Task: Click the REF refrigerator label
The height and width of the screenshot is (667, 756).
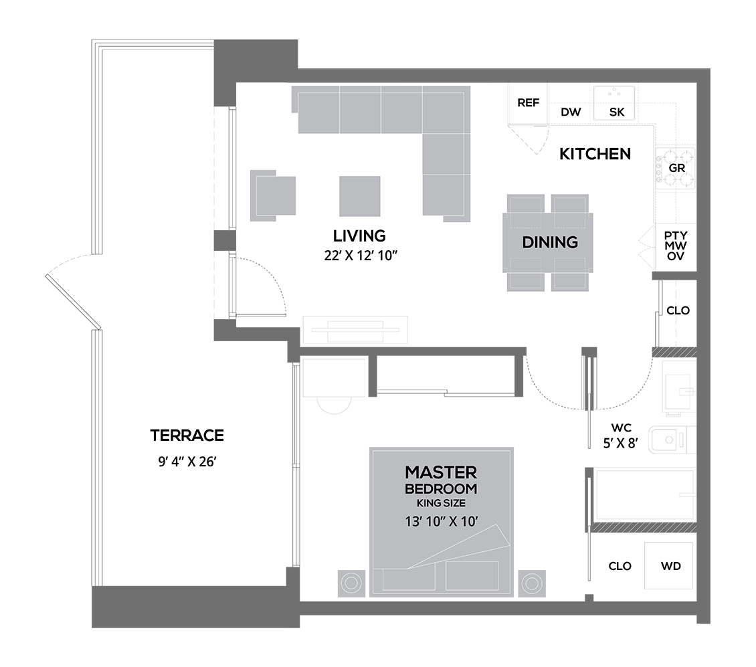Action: pos(528,103)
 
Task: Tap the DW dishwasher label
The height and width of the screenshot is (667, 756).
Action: pos(571,112)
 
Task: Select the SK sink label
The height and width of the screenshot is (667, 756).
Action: pos(617,112)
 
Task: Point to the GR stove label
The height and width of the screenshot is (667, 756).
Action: pos(677,168)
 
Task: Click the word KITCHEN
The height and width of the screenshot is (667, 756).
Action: pos(595,154)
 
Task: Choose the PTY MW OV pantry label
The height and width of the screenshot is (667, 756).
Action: pos(676,246)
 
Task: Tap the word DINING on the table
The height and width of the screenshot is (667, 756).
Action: pos(550,242)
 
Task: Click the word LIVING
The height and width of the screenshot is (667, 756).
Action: pos(359,236)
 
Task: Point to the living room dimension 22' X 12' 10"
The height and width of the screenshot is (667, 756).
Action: pos(361,256)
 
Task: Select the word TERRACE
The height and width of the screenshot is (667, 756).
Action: pos(187,436)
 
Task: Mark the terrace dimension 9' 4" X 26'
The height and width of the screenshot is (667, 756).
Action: pos(187,462)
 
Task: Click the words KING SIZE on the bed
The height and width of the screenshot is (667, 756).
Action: pos(441,503)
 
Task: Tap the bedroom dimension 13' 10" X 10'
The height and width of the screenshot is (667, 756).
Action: pos(441,521)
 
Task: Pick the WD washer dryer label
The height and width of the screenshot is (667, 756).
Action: pos(670,566)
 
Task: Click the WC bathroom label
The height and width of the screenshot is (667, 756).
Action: pos(621,427)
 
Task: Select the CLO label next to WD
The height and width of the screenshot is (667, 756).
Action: pos(620,566)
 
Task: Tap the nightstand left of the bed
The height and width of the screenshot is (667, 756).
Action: pos(351,583)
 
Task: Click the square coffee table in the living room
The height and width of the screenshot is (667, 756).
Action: pos(360,196)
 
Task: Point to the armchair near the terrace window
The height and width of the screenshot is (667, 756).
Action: pos(273,195)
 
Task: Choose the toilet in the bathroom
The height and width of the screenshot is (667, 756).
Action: pos(672,440)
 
